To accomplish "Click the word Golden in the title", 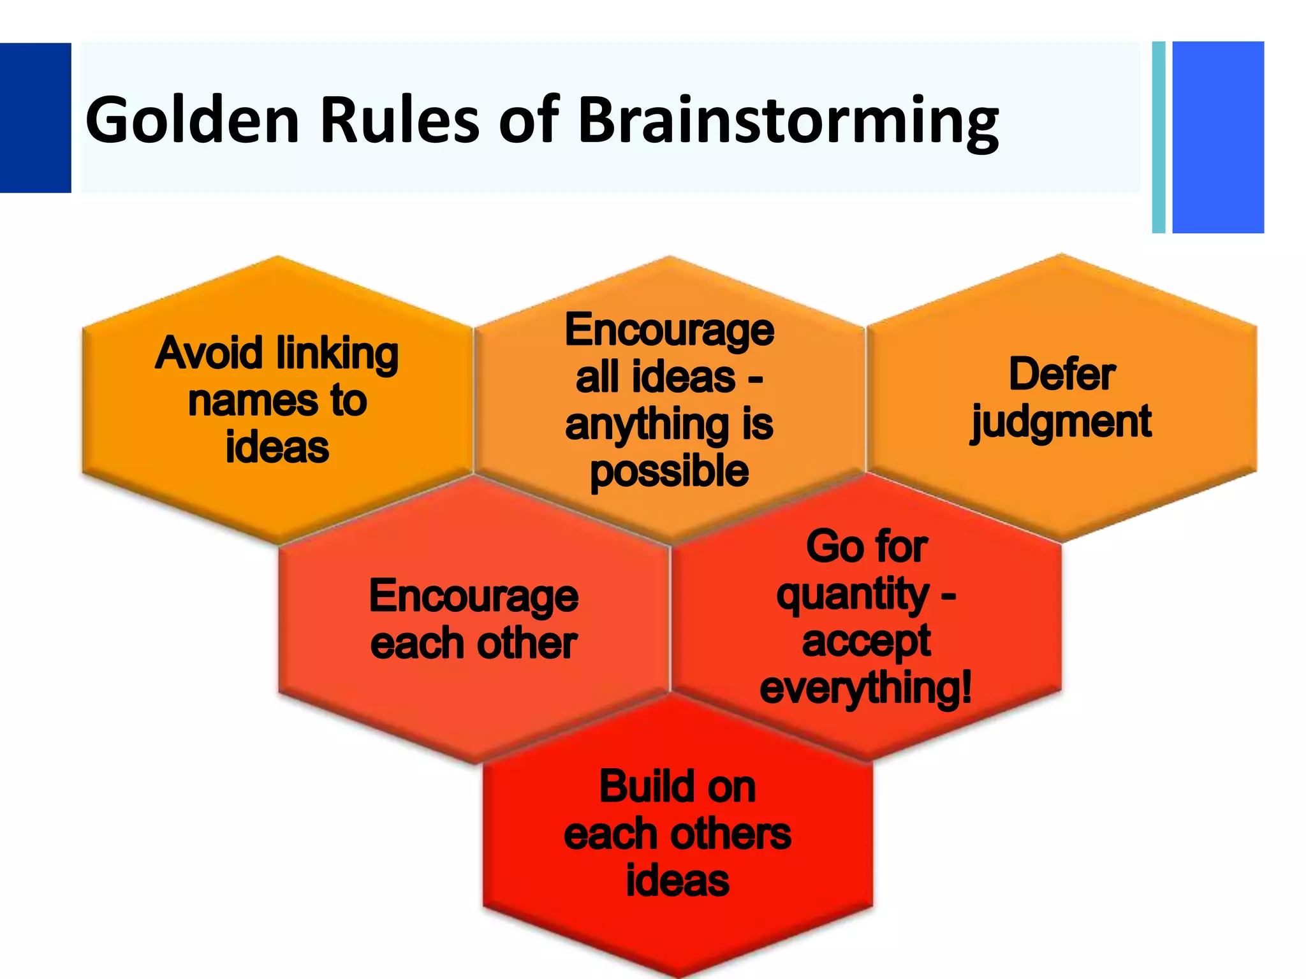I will pos(191,120).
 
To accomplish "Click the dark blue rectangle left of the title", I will pos(35,118).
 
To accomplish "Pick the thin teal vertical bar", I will pos(1159,137).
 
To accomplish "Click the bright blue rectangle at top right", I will pos(1218,137).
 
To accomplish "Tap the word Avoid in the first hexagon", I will pos(209,353).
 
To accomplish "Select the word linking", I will pos(337,354).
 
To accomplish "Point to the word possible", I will pos(669,472).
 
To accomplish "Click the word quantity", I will pos(852,595).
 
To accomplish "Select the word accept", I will pos(866,642).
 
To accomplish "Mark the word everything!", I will pos(865,688).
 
